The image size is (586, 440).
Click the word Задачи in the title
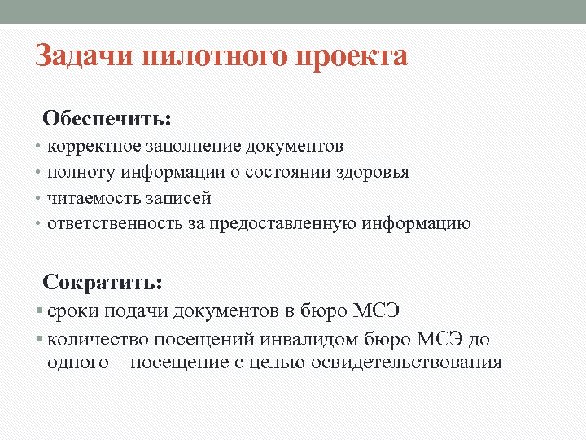pos(85,58)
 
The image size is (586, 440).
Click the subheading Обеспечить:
pos(107,119)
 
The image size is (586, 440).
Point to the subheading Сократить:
pos(103,283)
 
